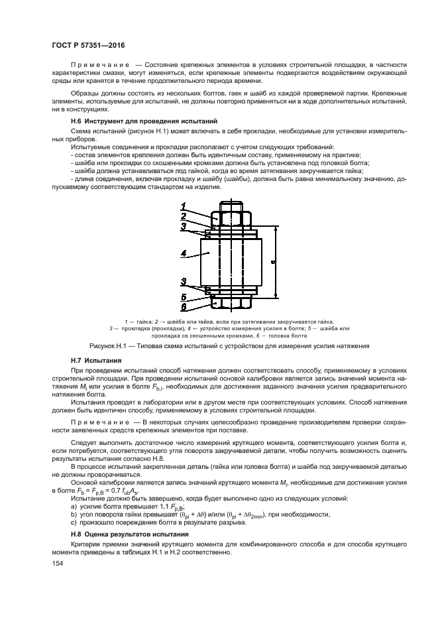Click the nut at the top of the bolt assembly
[x=230, y=218]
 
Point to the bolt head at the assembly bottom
[x=230, y=302]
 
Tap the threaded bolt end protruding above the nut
[x=230, y=207]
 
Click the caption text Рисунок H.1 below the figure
[x=107, y=346]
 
